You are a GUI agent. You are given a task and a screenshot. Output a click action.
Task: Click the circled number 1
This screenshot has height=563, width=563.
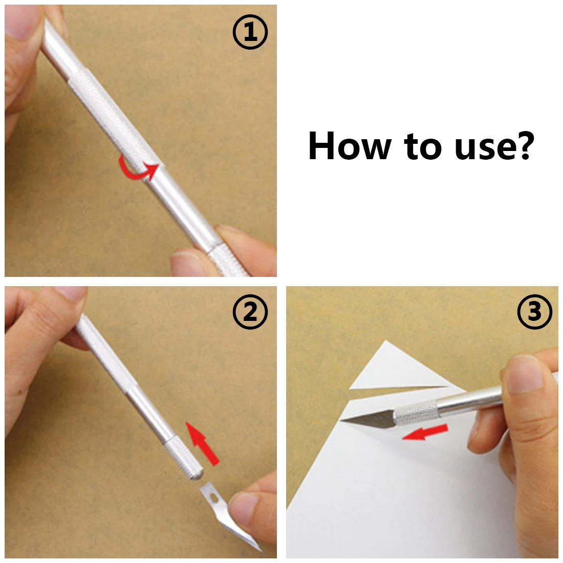point(250,32)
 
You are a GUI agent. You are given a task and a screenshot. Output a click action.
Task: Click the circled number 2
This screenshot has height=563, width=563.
point(250,311)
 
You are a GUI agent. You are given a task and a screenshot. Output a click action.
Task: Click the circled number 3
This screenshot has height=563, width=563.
point(534,311)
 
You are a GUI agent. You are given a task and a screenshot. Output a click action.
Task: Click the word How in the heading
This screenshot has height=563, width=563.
point(349,146)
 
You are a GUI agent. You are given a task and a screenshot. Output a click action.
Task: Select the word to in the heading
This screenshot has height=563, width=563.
point(422,146)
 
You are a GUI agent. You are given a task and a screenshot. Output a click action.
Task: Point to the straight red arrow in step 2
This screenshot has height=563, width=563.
point(203,444)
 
